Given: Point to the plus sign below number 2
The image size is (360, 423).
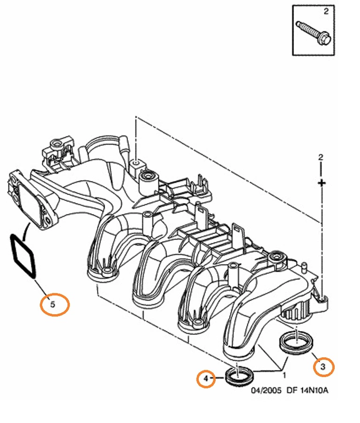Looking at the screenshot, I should pos(321,182).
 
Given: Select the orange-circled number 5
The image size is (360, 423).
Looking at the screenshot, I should pos(53,304).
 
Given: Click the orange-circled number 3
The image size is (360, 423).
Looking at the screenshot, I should pos(323,366).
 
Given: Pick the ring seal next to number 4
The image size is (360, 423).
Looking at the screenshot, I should pos(239,376).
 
